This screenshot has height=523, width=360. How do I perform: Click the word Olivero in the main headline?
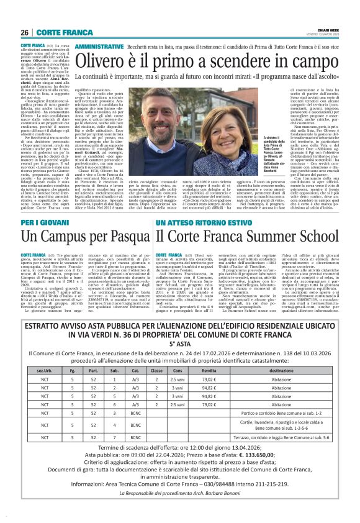tap(103, 62)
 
